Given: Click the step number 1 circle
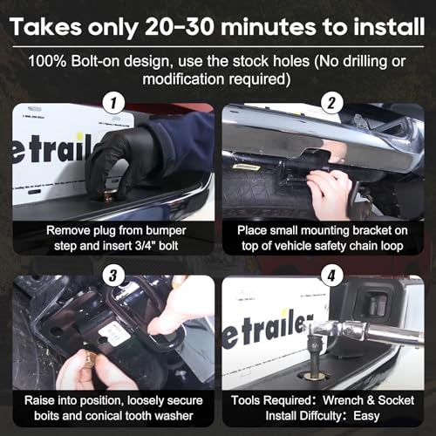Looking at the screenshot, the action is [113, 103].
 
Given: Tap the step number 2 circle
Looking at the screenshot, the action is [331, 103].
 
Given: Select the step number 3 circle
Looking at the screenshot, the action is [113, 276].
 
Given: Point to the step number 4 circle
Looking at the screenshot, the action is [331, 276].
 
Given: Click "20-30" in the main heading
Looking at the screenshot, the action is [181, 27].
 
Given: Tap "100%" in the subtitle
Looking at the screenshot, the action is [47, 61].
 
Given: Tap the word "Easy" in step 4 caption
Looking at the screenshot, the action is [366, 416].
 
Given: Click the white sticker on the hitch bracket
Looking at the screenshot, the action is [114, 334].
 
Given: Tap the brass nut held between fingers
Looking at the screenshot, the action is [91, 358].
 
